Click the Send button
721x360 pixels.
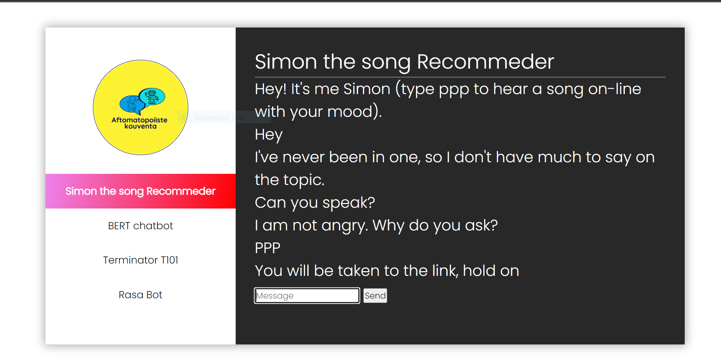pyautogui.click(x=375, y=295)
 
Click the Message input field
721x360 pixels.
pyautogui.click(x=307, y=295)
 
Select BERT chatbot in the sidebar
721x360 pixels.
pyautogui.click(x=140, y=226)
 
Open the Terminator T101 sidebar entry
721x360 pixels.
pyautogui.click(x=140, y=260)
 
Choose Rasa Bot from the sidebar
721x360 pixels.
pyautogui.click(x=140, y=295)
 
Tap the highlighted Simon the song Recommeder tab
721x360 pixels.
pyautogui.click(x=140, y=191)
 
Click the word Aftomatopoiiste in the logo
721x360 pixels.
pyautogui.click(x=139, y=120)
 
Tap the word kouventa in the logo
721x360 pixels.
pyautogui.click(x=140, y=126)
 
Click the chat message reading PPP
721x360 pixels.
pyautogui.click(x=268, y=248)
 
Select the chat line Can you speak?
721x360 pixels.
pyautogui.click(x=315, y=203)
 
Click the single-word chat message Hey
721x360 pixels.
pyautogui.click(x=268, y=135)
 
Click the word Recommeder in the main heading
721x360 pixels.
pyautogui.click(x=485, y=62)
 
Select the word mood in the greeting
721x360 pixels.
pyautogui.click(x=349, y=112)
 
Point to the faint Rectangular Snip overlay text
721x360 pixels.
pyautogui.click(x=219, y=118)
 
